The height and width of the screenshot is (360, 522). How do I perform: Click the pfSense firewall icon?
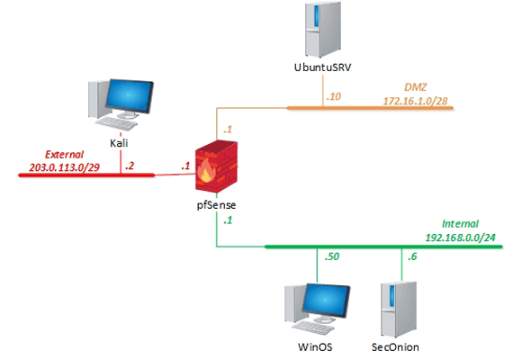tap(217, 169)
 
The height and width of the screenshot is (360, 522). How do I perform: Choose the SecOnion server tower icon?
tap(395, 306)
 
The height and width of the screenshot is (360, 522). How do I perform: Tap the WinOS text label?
tap(311, 347)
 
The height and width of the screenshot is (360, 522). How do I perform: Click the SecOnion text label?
tap(395, 347)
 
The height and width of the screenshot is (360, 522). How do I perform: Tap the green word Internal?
tap(462, 223)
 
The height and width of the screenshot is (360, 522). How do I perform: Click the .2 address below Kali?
tap(130, 166)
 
